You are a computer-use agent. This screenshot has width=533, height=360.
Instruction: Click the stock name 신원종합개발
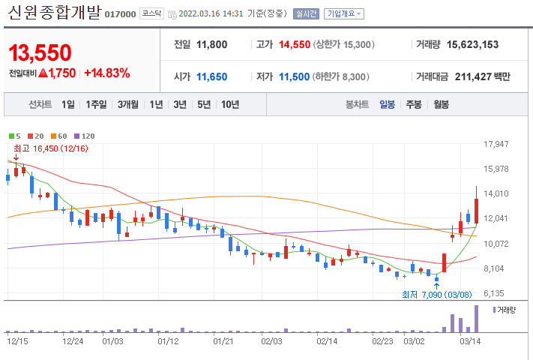[54, 13]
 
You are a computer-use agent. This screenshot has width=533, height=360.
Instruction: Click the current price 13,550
[40, 52]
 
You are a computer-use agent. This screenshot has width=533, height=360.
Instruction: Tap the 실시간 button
[306, 13]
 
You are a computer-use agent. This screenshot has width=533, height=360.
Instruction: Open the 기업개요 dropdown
[344, 13]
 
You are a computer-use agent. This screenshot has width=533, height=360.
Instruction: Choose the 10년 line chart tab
[230, 104]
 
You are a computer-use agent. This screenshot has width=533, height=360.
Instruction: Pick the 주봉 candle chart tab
[414, 104]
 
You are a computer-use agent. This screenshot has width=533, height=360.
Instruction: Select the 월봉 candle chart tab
[441, 104]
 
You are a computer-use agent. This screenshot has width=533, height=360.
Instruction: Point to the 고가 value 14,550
[294, 44]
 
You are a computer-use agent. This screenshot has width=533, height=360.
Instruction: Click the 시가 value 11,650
[211, 76]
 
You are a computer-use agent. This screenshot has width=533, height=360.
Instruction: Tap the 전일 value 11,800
[211, 44]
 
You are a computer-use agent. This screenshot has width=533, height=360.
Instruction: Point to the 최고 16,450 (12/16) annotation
[50, 149]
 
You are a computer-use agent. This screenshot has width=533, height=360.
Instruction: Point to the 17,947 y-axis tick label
[497, 144]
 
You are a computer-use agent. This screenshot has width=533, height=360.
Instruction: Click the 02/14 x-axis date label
[327, 340]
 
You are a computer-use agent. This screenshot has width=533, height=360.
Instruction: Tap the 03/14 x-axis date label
[469, 340]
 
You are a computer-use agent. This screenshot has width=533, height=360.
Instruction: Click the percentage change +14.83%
[106, 73]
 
